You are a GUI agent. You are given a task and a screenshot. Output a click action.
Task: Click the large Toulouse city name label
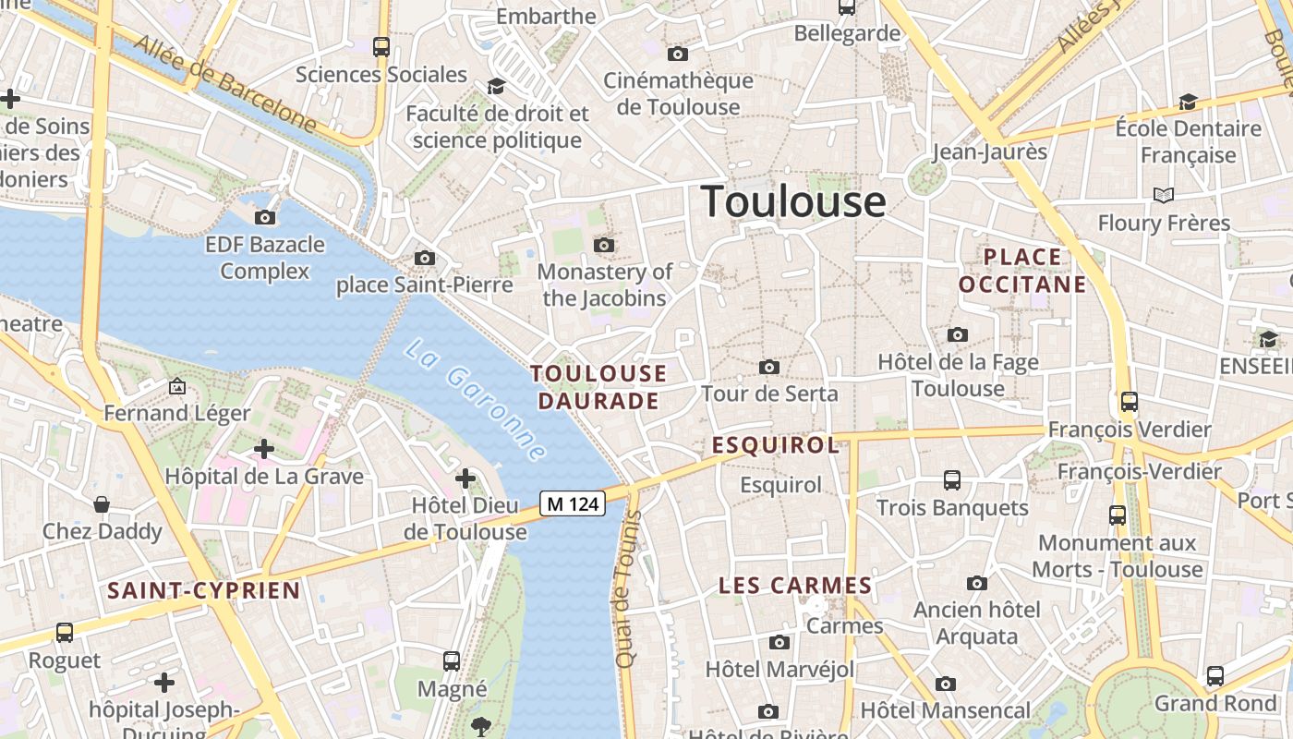(x=793, y=201)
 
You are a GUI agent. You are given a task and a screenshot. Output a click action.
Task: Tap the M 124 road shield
(x=573, y=503)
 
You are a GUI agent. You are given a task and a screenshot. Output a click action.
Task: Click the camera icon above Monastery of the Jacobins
(x=604, y=245)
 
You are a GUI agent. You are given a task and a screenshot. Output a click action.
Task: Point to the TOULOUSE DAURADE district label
(x=598, y=387)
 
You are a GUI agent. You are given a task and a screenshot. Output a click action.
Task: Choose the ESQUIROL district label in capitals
(x=776, y=445)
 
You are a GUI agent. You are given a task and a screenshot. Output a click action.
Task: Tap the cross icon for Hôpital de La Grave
(x=264, y=449)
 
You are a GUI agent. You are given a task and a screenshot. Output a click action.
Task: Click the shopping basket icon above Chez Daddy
(x=102, y=504)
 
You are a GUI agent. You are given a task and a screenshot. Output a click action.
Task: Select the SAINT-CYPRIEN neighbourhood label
(x=204, y=590)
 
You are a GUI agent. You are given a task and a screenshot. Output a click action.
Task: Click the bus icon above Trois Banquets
(x=952, y=480)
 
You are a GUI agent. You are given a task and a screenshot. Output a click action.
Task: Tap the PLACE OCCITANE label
(x=1022, y=270)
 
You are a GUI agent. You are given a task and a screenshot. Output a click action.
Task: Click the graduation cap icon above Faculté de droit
(x=497, y=86)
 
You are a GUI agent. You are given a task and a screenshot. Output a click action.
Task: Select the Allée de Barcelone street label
(x=225, y=83)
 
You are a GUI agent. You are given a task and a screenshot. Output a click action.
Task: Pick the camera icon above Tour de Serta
(x=768, y=368)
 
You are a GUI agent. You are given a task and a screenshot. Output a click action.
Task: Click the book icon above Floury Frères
(x=1164, y=195)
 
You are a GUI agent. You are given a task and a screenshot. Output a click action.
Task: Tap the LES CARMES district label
(x=795, y=586)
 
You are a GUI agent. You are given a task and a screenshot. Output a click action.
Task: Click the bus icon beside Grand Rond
(x=1215, y=676)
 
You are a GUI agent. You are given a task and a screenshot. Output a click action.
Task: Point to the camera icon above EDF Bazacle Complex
(x=265, y=218)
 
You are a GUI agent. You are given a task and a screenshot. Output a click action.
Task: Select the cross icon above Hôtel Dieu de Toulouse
(x=465, y=479)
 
